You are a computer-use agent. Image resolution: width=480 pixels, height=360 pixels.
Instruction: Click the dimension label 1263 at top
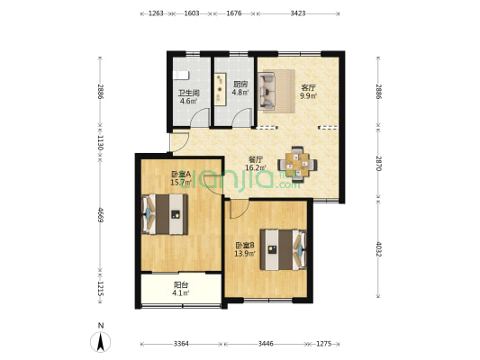click(x=156, y=13)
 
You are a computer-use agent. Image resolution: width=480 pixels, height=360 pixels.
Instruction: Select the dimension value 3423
click(x=298, y=13)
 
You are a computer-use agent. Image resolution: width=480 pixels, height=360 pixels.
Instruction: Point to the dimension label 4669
click(x=100, y=215)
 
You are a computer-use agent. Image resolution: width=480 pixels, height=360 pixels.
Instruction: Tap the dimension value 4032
click(x=378, y=249)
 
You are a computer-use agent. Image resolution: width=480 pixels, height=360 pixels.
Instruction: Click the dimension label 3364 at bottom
click(x=181, y=344)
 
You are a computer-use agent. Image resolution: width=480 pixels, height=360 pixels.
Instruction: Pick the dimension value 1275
click(x=323, y=344)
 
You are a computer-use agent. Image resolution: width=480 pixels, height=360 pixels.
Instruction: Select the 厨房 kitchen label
click(x=240, y=84)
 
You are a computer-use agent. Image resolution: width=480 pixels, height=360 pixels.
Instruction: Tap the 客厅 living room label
click(x=308, y=87)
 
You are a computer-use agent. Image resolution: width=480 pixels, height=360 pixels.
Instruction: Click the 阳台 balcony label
click(x=181, y=285)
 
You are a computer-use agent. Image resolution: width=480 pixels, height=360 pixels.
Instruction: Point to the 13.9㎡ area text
click(x=245, y=253)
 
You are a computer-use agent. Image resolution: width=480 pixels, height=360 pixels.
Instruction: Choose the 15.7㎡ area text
click(x=181, y=183)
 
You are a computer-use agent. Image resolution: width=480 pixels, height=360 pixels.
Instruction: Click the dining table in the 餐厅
click(x=297, y=165)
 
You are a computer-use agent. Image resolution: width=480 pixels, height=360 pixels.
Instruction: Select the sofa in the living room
click(x=267, y=91)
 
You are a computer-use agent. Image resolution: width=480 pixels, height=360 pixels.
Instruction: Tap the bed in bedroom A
click(x=165, y=214)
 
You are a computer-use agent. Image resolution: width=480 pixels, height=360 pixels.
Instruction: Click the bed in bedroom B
click(x=283, y=249)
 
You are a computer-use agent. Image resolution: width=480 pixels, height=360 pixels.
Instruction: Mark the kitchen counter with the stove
click(x=220, y=89)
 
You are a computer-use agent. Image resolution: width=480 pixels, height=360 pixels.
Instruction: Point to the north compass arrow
click(x=100, y=342)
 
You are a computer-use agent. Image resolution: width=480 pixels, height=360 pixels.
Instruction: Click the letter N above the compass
click(x=101, y=326)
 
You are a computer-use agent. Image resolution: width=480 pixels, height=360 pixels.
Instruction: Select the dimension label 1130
click(x=100, y=143)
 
